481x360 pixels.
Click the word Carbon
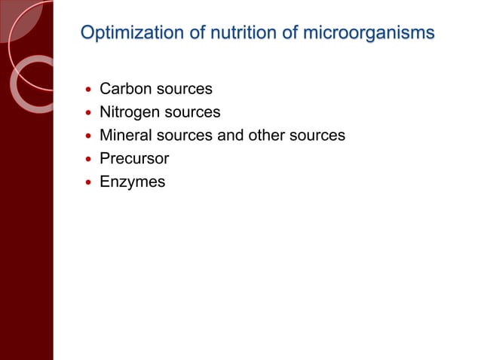tap(124, 89)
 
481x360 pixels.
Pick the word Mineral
tap(125, 136)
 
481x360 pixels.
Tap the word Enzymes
tap(132, 182)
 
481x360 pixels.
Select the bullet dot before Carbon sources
tap(88, 90)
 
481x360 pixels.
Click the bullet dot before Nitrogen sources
tap(88, 113)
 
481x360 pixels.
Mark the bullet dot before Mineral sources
tap(88, 136)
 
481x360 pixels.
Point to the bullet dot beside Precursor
tap(88, 160)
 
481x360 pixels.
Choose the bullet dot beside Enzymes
tap(88, 183)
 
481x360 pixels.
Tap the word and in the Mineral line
tap(231, 136)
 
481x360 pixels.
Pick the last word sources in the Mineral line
tap(318, 136)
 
